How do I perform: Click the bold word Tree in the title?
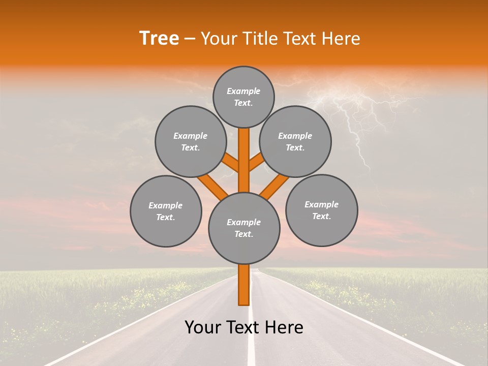pyautogui.click(x=159, y=39)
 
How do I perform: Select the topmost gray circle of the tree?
pyautogui.click(x=243, y=97)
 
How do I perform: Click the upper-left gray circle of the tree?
pyautogui.click(x=191, y=141)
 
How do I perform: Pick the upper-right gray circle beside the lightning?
pyautogui.click(x=295, y=141)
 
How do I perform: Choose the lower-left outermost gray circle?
pyautogui.click(x=166, y=211)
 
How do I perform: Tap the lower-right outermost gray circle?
pyautogui.click(x=321, y=210)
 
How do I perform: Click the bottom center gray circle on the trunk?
pyautogui.click(x=244, y=228)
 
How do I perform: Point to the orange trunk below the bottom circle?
pyautogui.click(x=244, y=285)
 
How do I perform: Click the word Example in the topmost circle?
pyautogui.click(x=243, y=91)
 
